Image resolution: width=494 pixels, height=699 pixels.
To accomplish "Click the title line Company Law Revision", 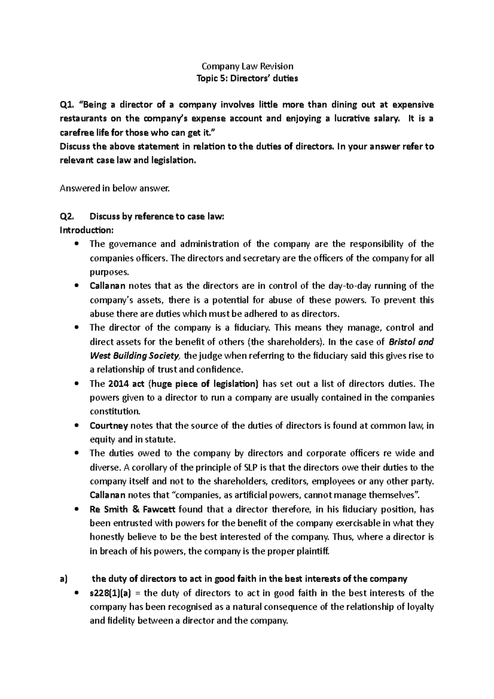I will coord(247,66).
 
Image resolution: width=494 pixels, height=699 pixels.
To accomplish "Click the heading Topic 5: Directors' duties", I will coord(247,78).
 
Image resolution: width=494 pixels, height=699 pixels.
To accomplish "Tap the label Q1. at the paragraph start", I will coord(67,105).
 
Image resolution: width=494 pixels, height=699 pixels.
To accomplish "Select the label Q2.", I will coord(67,216).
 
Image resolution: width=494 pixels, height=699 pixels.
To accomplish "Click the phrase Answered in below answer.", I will coord(114,189).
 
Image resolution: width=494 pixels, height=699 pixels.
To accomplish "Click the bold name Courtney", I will coord(109,426).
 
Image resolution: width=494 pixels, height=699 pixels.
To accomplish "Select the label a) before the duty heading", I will coord(63,579).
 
